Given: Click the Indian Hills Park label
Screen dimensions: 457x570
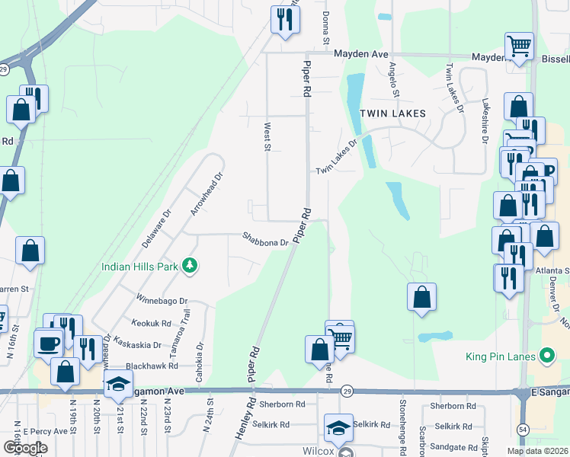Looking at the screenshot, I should [x=140, y=267].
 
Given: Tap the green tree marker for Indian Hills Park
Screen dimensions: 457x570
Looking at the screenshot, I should [x=189, y=266].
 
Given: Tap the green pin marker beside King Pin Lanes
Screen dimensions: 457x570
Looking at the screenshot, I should [x=546, y=356].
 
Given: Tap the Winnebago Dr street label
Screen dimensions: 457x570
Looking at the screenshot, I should [x=161, y=297].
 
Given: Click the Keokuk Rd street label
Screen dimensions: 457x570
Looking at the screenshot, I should [x=151, y=324].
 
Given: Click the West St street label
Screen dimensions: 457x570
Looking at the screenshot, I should [x=267, y=137].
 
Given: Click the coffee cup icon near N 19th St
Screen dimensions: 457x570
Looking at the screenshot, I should [x=50, y=343].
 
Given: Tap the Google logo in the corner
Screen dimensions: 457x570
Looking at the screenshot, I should [x=24, y=449].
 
